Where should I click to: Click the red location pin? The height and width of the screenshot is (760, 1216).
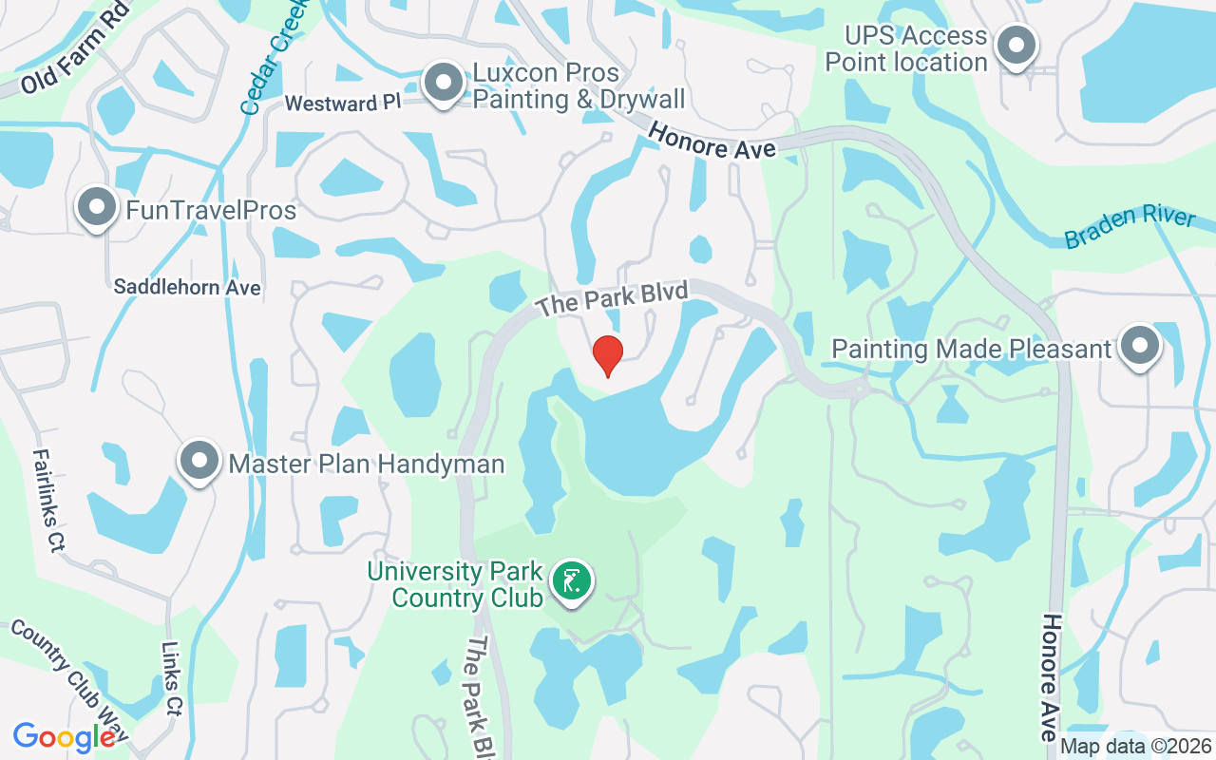click(608, 354)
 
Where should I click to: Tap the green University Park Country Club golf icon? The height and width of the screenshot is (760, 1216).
click(571, 580)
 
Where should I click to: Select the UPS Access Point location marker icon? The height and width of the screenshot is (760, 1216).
click(1016, 46)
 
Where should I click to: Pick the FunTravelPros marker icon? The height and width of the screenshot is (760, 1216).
click(96, 208)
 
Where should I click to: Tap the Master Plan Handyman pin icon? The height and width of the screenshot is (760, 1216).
click(199, 462)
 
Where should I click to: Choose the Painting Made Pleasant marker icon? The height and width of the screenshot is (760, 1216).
click(1139, 347)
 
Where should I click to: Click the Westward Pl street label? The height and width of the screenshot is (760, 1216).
click(343, 103)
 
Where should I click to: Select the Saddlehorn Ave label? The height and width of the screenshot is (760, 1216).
click(187, 287)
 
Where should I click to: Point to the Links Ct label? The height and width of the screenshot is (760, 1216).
click(172, 680)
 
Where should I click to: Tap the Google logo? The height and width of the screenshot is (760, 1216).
click(64, 736)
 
